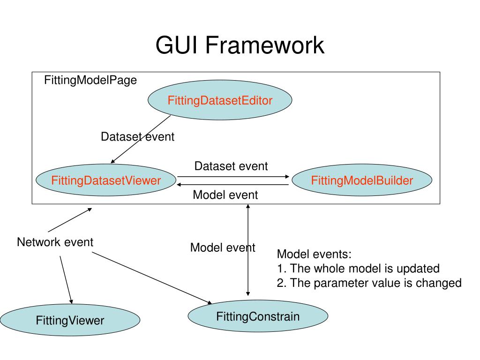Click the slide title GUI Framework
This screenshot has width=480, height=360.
(240, 46)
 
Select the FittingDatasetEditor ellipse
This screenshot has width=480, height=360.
(220, 100)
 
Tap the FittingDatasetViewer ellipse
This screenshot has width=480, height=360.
(106, 180)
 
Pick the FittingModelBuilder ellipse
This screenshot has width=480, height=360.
(362, 180)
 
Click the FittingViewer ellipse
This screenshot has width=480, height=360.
(70, 321)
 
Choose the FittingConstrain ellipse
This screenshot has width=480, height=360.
(258, 316)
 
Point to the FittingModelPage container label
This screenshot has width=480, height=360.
(90, 80)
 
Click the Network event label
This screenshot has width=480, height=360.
(55, 242)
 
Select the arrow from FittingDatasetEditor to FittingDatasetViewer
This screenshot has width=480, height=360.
(141, 139)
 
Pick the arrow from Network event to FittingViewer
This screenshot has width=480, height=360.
(66, 279)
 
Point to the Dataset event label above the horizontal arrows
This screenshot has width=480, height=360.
(231, 166)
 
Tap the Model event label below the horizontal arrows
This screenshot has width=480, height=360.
(225, 195)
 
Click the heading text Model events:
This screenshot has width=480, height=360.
(314, 255)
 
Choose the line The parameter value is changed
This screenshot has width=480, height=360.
(369, 283)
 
